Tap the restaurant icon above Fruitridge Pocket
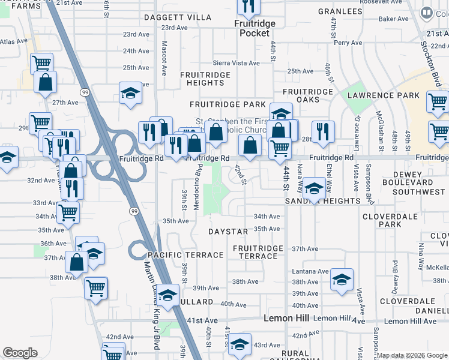(247, 7)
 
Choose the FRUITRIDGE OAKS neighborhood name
(308, 95)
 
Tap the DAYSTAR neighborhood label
(228, 232)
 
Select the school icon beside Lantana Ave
(342, 279)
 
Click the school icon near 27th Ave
(130, 93)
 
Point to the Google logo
(20, 353)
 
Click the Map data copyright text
(411, 355)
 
